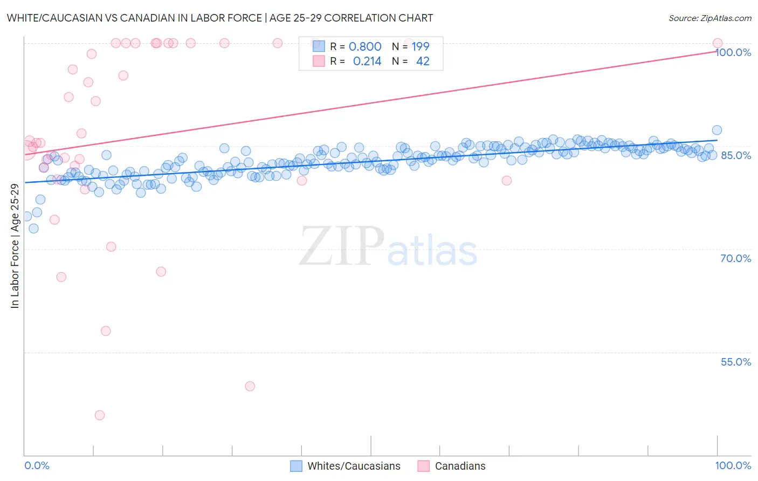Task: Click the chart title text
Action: click(x=219, y=18)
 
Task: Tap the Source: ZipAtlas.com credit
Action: click(x=709, y=18)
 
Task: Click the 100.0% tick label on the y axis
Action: click(x=733, y=52)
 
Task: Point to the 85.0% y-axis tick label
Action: click(x=735, y=155)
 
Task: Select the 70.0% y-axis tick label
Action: click(x=735, y=258)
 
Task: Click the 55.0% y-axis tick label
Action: click(x=735, y=362)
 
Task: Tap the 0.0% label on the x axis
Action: click(x=37, y=466)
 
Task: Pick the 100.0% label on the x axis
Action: click(x=733, y=466)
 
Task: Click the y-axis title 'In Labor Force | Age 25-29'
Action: click(x=15, y=246)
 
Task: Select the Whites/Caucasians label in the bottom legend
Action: click(x=354, y=466)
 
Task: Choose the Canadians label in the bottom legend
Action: click(x=460, y=466)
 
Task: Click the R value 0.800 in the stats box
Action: click(x=365, y=47)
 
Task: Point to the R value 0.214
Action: click(x=367, y=61)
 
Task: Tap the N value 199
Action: click(x=421, y=47)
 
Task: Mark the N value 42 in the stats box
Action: click(x=423, y=61)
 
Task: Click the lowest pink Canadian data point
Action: click(x=100, y=415)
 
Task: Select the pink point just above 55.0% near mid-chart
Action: click(x=250, y=386)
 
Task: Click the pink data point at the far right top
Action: click(x=718, y=43)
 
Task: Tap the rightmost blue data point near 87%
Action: click(x=716, y=130)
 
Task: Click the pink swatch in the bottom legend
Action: click(x=424, y=466)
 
